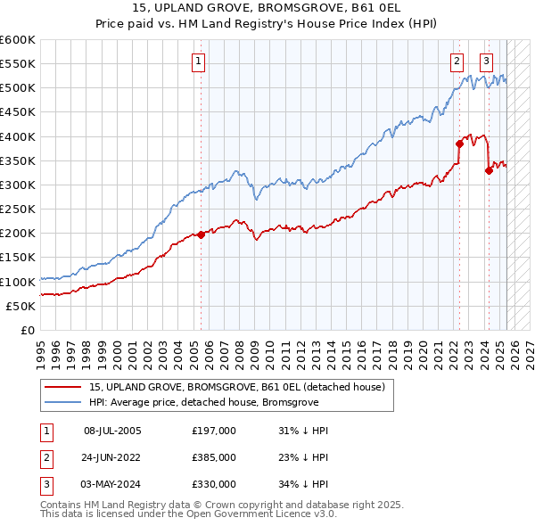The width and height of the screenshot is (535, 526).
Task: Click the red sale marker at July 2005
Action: [201, 234]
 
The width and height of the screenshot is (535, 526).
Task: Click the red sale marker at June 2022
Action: [459, 143]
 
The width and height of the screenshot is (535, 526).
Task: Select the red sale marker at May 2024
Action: [489, 171]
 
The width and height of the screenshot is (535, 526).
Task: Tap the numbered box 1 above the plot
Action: [197, 62]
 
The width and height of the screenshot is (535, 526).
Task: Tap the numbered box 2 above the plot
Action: [457, 62]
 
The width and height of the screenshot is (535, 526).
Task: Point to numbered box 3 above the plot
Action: [486, 62]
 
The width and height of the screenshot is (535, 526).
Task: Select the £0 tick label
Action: [27, 330]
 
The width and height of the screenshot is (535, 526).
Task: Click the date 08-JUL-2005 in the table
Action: [112, 431]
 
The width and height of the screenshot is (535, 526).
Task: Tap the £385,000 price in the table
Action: [214, 457]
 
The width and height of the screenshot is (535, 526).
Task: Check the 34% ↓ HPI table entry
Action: [303, 484]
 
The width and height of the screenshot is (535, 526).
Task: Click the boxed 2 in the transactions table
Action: [45, 457]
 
